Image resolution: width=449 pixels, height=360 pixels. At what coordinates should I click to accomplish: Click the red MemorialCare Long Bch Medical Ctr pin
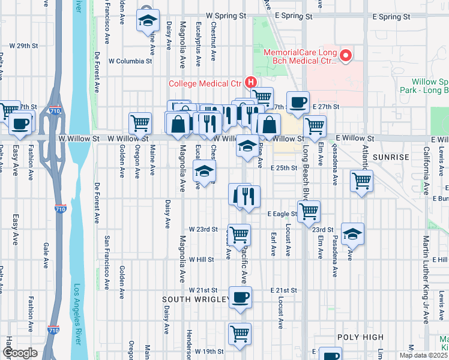(x=345, y=56)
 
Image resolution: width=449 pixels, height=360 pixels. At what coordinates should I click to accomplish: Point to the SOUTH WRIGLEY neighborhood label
(x=196, y=299)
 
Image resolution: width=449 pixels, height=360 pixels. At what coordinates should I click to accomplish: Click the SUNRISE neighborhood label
(x=391, y=157)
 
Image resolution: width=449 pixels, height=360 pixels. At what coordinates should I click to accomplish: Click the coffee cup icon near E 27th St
(x=298, y=102)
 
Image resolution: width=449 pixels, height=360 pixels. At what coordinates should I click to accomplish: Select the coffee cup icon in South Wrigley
(x=240, y=297)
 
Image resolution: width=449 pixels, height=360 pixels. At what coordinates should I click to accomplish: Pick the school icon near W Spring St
(x=148, y=20)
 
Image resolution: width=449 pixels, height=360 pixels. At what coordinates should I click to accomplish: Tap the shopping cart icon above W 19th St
(x=240, y=333)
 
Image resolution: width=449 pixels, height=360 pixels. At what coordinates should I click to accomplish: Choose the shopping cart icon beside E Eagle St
(x=309, y=211)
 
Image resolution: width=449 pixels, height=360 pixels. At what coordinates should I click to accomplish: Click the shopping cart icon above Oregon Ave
(x=140, y=123)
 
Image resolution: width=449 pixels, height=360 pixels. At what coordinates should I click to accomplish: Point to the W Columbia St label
(x=130, y=61)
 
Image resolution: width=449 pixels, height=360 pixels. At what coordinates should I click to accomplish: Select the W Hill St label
(x=201, y=260)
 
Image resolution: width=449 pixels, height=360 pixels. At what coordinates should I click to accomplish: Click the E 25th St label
(x=283, y=168)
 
